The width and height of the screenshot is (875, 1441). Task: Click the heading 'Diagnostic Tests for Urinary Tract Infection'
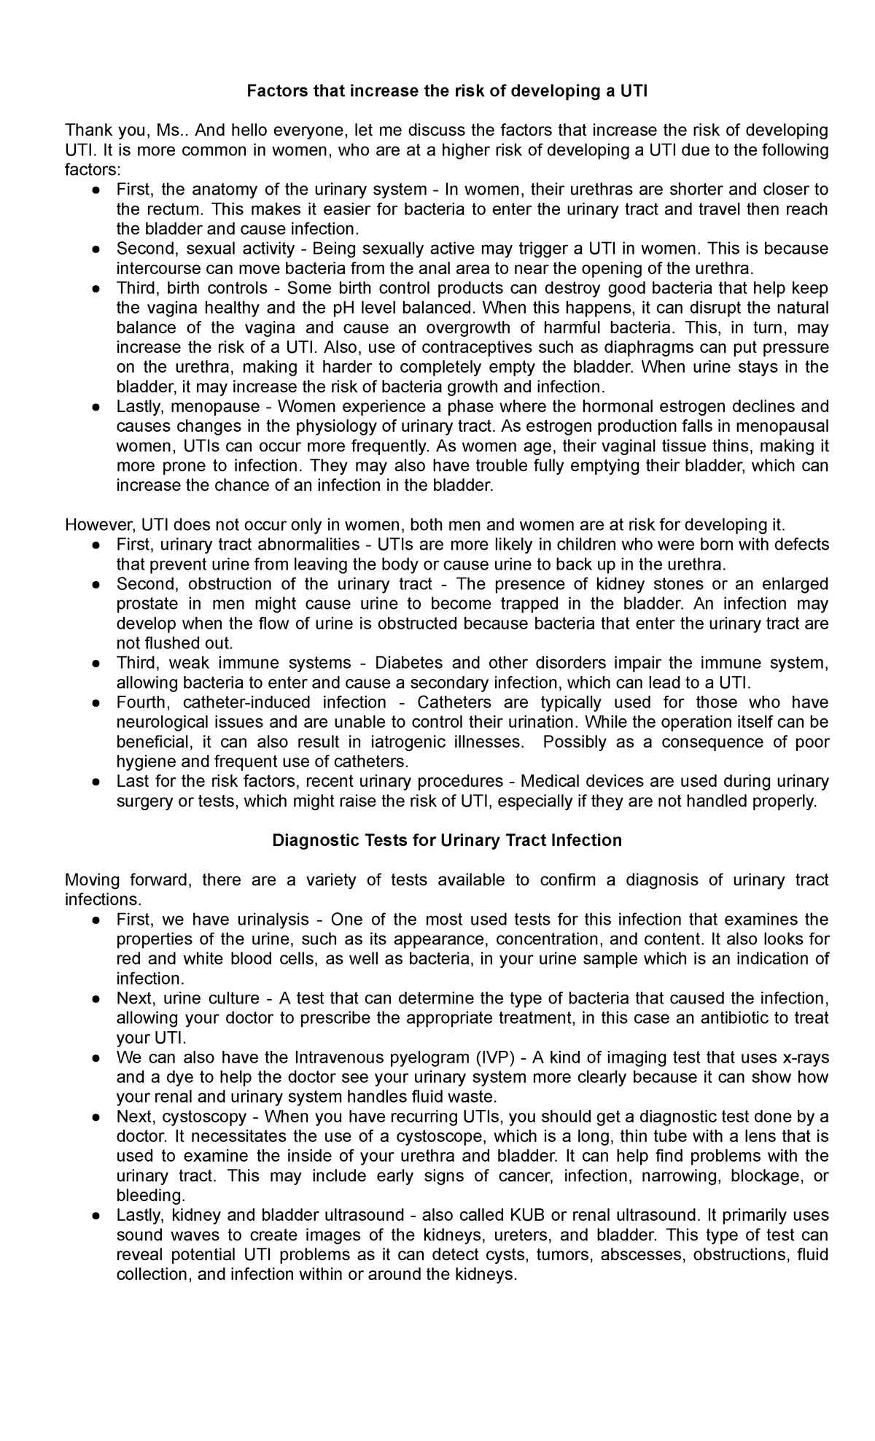[446, 840]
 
